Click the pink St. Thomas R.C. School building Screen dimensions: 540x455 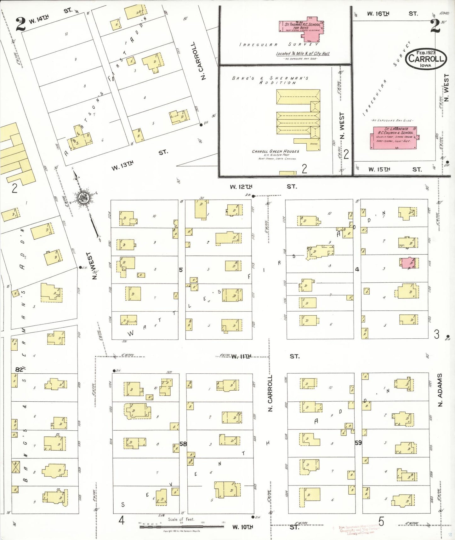302,28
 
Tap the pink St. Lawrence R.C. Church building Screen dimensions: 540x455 395,138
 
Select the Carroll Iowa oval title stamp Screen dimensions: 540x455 425,59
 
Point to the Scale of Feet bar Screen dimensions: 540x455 182,526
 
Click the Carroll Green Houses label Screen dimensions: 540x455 275,152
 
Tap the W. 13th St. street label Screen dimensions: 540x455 122,165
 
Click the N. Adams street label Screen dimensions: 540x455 440,390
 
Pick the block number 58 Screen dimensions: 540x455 183,444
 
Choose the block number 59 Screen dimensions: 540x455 358,443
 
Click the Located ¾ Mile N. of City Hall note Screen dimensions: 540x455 303,54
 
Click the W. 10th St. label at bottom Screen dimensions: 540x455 242,527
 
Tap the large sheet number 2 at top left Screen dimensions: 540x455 20,25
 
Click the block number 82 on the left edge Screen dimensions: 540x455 19,369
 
